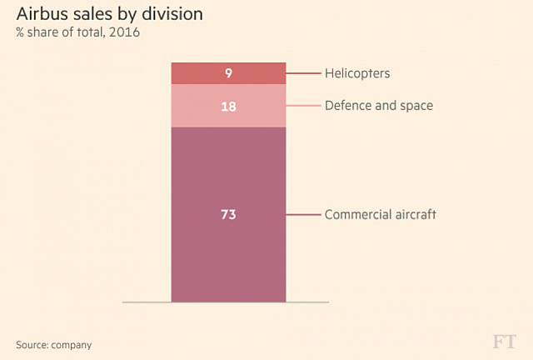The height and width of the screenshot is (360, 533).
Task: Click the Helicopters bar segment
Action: point(200,73)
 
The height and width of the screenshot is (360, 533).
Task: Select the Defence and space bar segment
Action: point(200,106)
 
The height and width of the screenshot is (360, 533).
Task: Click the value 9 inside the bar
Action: point(228,73)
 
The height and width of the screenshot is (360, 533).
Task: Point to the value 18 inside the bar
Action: point(228,106)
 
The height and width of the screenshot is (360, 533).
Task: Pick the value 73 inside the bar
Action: point(228,214)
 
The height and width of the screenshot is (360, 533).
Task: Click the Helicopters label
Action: point(357,73)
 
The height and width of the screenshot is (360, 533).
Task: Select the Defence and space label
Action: point(378,106)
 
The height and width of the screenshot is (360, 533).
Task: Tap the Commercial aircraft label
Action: point(381,214)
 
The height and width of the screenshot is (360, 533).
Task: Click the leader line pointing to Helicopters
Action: point(303,73)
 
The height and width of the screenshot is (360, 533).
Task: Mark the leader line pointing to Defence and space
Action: point(303,106)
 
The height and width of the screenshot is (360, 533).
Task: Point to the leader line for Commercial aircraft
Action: point(303,214)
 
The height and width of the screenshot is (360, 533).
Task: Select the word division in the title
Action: point(173,15)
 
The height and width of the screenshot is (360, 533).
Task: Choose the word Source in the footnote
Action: point(31,344)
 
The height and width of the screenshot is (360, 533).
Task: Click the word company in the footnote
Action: point(72,345)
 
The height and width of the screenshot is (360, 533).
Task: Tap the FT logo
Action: point(504,342)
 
